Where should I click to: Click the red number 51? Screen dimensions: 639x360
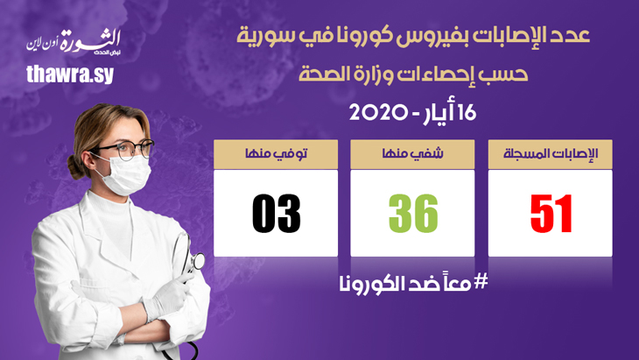click(x=551, y=214)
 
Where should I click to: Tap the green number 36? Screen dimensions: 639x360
click(x=413, y=214)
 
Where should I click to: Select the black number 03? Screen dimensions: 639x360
click(x=276, y=214)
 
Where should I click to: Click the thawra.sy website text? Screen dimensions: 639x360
click(x=70, y=74)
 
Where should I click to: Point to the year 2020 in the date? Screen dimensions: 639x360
click(x=378, y=113)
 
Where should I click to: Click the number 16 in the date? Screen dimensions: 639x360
click(x=467, y=113)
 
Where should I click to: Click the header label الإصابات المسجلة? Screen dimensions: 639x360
click(x=551, y=153)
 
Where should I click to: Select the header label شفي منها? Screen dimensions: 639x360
click(x=412, y=153)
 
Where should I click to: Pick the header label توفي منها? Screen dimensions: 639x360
click(x=276, y=153)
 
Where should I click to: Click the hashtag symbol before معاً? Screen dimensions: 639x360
click(x=481, y=281)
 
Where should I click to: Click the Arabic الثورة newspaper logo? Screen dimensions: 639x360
click(x=74, y=42)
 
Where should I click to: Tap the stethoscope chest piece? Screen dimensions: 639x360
click(x=198, y=260)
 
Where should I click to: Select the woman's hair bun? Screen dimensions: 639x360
click(x=75, y=167)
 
